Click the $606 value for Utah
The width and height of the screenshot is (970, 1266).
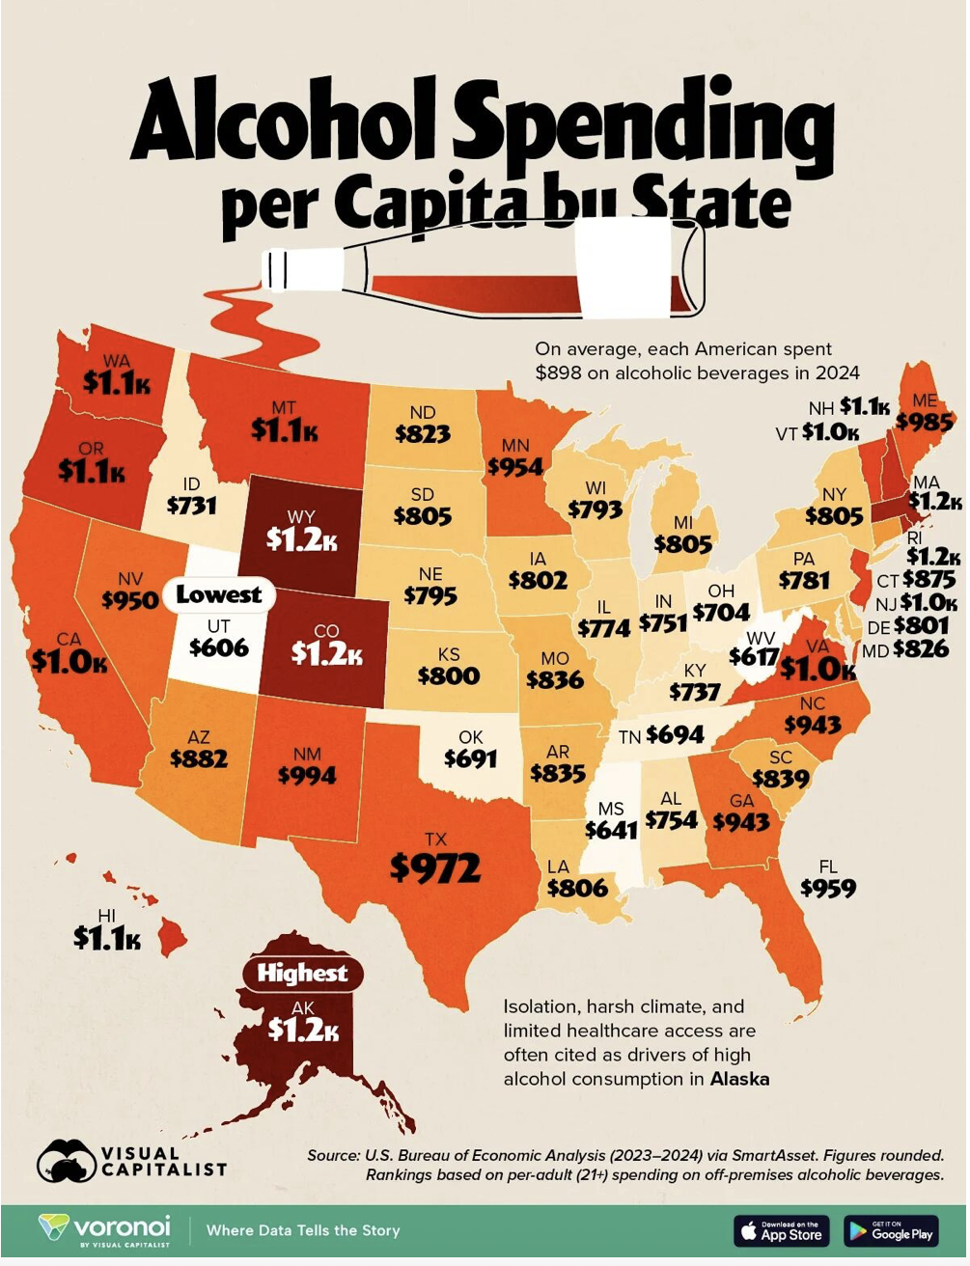219,647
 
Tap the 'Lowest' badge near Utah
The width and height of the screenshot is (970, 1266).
219,594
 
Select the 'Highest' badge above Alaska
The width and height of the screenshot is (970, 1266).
302,973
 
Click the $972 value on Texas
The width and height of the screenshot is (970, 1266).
435,867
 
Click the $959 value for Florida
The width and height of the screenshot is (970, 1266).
827,888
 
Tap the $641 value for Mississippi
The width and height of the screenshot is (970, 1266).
611,830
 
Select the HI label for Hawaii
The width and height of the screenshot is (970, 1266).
106,916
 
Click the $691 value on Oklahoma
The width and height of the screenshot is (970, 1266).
470,758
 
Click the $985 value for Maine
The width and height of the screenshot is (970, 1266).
924,422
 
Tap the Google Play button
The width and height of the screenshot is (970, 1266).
891,1230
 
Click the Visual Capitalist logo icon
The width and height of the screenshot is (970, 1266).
66,1160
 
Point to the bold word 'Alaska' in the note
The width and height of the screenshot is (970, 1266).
739,1079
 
